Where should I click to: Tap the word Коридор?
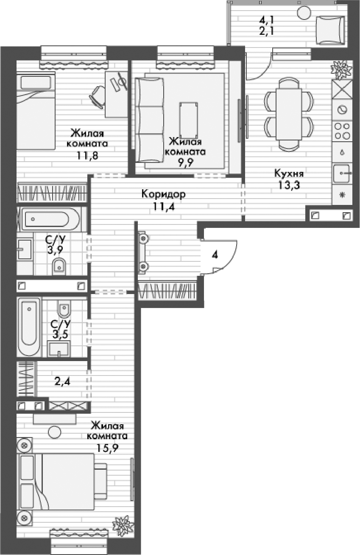[x=163, y=195]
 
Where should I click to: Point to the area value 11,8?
[x=88, y=155]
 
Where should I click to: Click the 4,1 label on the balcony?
[x=266, y=19]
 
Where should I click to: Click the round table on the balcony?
[x=304, y=13]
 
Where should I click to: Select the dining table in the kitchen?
[x=289, y=114]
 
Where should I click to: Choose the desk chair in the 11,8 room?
[x=98, y=96]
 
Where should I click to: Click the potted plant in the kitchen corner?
[x=341, y=69]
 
